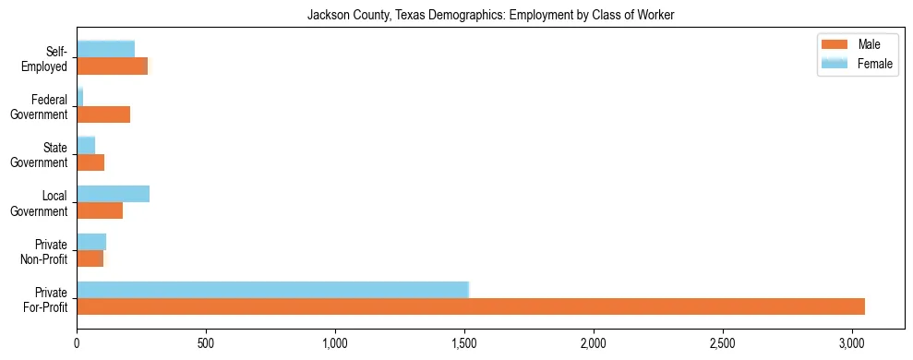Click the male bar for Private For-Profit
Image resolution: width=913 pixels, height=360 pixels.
(471, 306)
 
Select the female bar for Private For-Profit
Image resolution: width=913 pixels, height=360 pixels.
(273, 290)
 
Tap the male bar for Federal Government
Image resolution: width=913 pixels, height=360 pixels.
(103, 114)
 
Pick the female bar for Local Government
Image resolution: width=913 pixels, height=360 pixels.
(113, 194)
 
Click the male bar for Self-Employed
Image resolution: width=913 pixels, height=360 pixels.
(112, 66)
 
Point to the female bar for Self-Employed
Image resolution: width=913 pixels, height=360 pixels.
(105, 50)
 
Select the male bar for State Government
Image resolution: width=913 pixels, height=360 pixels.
(90, 162)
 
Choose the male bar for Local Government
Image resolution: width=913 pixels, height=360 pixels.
(100, 210)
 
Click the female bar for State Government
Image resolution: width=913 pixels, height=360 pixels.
(86, 146)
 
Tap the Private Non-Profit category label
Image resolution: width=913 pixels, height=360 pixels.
(46, 251)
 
